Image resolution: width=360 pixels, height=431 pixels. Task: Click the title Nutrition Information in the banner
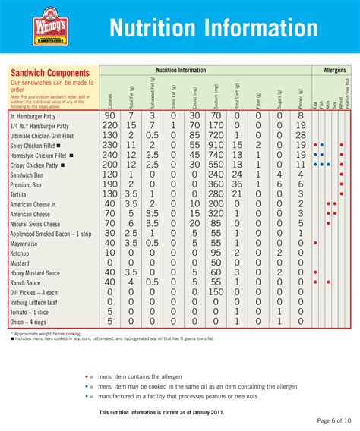(213, 28)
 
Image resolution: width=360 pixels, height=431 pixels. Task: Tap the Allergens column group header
(333, 70)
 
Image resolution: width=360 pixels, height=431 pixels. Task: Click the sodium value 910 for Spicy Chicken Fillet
(216, 144)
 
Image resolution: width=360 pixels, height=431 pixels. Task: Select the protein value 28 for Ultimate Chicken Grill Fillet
(301, 134)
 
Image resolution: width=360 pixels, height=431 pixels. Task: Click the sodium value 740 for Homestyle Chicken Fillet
(216, 154)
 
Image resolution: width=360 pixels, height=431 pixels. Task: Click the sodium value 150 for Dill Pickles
(216, 292)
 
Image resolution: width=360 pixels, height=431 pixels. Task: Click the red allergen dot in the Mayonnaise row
(315, 243)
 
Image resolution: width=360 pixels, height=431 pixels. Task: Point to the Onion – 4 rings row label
(30, 322)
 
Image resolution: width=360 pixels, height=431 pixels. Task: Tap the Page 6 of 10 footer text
(333, 420)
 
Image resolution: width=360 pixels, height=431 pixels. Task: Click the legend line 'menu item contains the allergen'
(148, 377)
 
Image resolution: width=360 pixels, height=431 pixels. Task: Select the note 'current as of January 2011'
(153, 412)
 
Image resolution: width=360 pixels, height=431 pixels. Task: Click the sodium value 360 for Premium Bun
(216, 184)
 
